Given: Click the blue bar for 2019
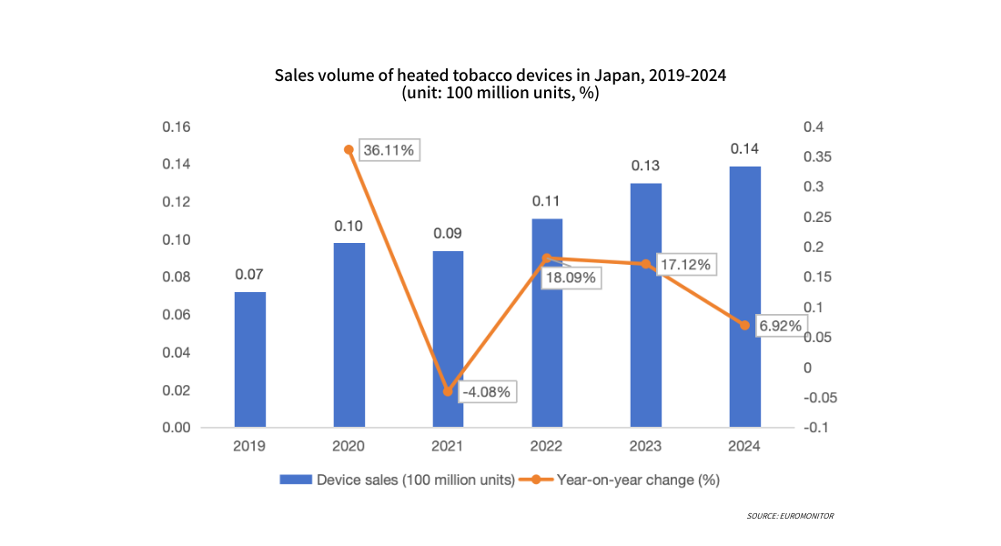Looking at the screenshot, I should [250, 359].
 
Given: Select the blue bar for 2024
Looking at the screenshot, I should [744, 297].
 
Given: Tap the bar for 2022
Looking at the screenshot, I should [547, 323].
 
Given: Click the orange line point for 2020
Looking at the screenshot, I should [349, 149].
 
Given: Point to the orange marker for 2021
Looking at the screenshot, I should [448, 391].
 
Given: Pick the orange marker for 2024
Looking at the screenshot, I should [744, 325].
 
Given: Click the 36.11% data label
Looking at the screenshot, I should [389, 150].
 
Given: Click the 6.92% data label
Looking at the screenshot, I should [780, 326].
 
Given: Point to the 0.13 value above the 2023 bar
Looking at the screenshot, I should [645, 166].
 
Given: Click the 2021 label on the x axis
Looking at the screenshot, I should [448, 447].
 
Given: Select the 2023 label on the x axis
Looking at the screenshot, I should [645, 447].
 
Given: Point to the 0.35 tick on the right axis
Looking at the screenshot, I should [815, 157].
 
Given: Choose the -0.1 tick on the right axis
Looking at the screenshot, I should [815, 428].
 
